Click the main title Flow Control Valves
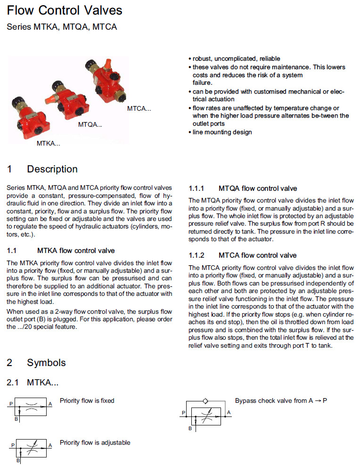(65, 10)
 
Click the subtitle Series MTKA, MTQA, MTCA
(62, 27)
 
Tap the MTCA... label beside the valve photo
(139, 109)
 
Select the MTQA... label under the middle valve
(90, 125)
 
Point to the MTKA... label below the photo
(49, 143)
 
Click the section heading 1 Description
(42, 169)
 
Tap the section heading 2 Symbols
(36, 363)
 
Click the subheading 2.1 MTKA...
(33, 383)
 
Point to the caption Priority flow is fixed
(87, 400)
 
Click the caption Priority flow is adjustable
(95, 442)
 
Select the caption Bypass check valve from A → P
(281, 400)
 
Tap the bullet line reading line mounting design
(222, 132)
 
